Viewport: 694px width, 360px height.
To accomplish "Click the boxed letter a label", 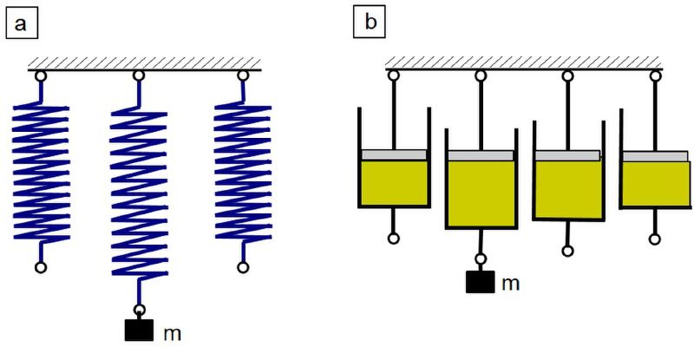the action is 22,23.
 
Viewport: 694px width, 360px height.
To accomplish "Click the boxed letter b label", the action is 370,22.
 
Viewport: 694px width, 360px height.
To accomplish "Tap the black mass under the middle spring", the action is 139,330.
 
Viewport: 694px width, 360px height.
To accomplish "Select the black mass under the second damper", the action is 481,282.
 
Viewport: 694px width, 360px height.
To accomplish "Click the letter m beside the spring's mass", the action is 172,333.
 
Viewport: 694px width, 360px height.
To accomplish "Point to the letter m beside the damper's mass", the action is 510,284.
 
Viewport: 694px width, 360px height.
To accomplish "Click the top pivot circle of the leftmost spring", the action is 41,76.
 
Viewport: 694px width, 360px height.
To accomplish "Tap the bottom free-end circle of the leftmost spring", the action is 41,267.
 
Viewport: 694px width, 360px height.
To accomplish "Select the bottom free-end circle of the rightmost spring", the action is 243,267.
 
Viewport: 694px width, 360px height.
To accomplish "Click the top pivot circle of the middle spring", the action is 139,75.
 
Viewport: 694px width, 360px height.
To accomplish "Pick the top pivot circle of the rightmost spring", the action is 243,75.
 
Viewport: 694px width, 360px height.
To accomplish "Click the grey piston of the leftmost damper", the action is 394,154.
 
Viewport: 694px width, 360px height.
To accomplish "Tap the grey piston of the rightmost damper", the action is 656,156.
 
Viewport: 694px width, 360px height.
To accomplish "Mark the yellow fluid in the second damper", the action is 481,193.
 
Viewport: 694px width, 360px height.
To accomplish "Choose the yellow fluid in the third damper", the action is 568,189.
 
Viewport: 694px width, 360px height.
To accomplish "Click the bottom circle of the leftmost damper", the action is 394,239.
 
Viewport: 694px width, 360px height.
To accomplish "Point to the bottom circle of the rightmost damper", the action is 655,239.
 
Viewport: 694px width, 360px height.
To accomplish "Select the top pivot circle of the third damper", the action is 568,76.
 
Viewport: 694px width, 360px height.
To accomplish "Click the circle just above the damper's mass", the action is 481,259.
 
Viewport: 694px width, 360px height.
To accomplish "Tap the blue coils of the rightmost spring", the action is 243,173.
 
